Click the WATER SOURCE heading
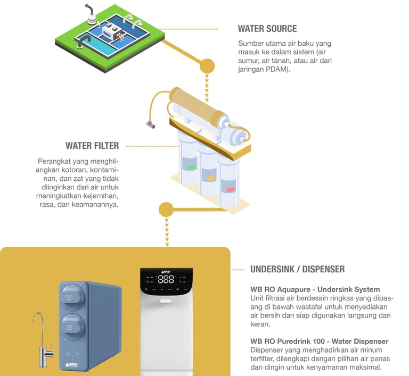267,29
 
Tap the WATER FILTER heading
92,146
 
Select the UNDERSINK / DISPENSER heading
297,269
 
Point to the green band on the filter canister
191,167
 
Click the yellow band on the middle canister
211,178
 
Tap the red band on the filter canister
230,189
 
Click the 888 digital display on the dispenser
166,279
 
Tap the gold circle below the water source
207,66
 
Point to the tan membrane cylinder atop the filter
197,106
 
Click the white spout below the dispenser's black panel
167,301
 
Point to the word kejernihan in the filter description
101,195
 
